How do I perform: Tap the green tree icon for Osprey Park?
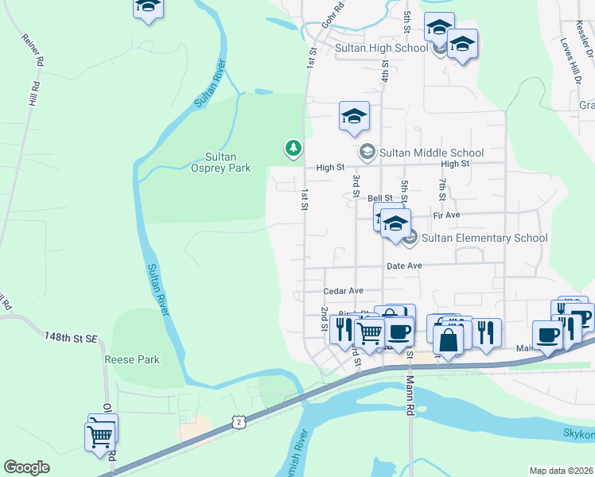tap(294, 148)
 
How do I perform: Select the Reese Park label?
tap(132, 359)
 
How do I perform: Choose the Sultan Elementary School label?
tap(484, 238)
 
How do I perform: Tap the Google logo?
tap(26, 467)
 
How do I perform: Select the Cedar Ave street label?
tap(344, 291)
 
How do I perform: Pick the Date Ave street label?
tap(405, 266)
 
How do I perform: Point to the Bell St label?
tap(380, 198)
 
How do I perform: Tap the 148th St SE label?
tap(71, 339)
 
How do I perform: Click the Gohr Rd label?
tap(332, 17)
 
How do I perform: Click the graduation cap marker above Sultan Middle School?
tap(354, 117)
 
